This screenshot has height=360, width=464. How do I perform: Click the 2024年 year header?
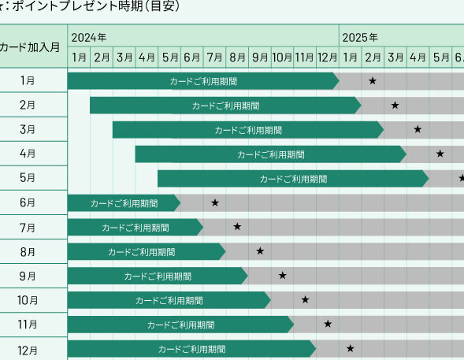pos(88,38)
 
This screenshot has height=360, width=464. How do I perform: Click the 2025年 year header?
pos(360,38)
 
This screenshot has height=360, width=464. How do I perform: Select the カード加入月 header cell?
pos(30,47)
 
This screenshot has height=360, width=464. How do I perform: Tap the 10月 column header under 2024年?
pos(282,58)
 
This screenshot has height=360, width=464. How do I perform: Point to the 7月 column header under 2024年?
pos(214,58)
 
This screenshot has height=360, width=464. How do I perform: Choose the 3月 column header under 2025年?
pos(395,58)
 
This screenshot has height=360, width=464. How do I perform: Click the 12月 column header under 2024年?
pos(327,58)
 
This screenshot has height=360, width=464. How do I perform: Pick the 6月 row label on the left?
pos(28,202)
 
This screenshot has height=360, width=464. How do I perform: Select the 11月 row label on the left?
pos(28,325)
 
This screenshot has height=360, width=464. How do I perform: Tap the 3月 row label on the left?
pos(28,129)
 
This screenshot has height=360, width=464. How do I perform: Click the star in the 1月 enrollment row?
pos(373,80)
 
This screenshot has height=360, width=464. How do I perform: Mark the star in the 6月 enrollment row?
pos(215,202)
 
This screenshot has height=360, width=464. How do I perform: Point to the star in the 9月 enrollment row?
pos(283,276)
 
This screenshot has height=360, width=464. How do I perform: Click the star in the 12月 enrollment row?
pos(350,348)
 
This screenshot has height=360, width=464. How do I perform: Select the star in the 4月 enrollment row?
pos(440,154)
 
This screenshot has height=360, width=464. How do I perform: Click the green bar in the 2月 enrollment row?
pos(226,106)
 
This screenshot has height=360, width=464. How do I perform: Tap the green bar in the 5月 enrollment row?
pos(293,178)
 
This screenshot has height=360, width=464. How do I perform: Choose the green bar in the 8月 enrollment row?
pos(147,251)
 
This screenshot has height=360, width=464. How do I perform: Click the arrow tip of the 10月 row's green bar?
pos(271,300)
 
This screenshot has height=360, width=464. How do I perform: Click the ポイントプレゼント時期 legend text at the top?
pos(78,6)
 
